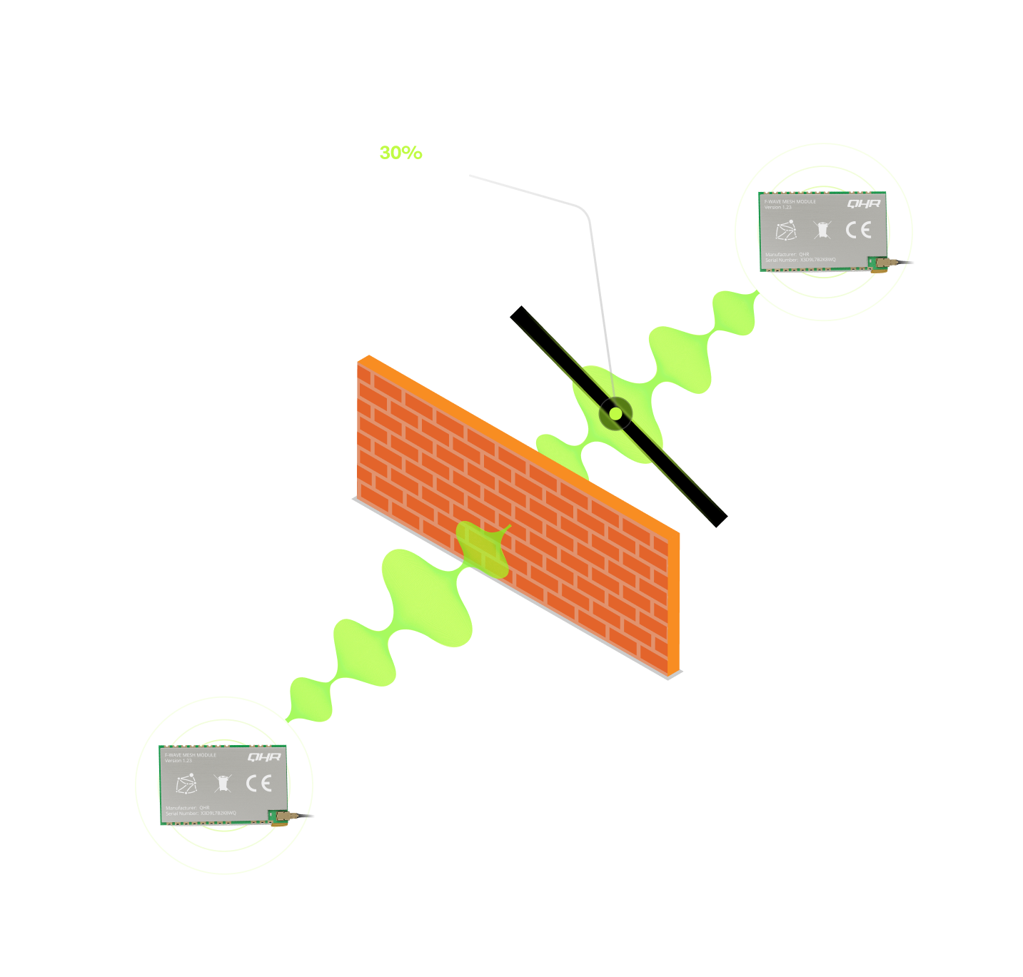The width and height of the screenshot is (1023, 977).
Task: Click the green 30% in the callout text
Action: (400, 153)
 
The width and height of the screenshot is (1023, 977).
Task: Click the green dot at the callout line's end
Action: (615, 413)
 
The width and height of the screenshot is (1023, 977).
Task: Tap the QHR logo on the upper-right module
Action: (864, 204)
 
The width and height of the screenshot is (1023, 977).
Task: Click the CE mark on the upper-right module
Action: (858, 230)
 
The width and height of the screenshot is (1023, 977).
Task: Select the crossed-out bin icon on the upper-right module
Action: (823, 230)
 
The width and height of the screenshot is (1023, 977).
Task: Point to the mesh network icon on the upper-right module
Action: (786, 231)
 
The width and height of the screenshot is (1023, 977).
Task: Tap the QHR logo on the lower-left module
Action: (264, 757)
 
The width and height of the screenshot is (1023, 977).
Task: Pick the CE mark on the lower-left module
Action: (258, 783)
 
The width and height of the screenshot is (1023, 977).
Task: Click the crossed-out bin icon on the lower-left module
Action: (223, 784)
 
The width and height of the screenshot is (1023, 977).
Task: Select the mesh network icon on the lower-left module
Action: (186, 784)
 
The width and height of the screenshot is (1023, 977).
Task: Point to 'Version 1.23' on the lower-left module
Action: (178, 761)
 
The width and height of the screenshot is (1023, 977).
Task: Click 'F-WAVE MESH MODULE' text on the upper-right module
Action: (790, 202)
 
